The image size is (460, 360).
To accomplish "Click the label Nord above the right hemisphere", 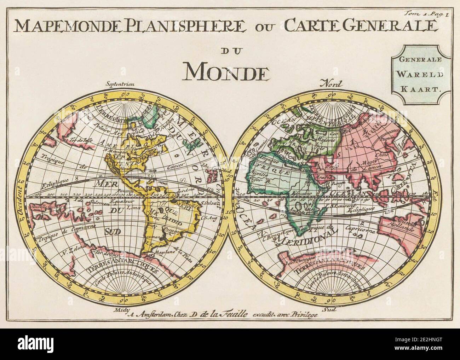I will point(331,84).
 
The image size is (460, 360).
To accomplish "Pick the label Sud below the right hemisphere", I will point(332,309).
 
